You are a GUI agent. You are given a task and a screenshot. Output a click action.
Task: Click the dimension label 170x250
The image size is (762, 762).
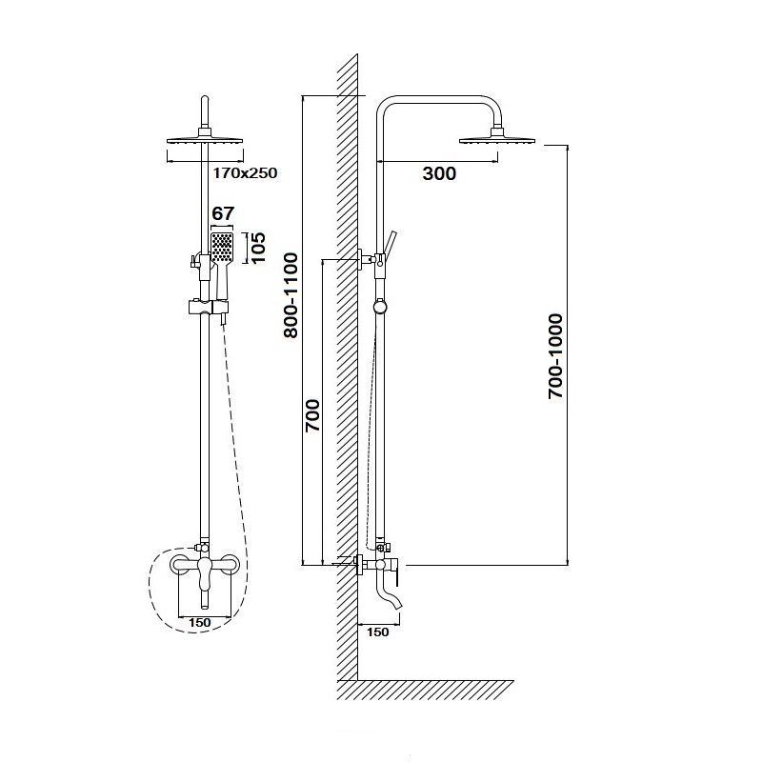(x=245, y=173)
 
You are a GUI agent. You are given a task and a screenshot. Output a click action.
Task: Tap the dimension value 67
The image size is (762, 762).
(x=223, y=213)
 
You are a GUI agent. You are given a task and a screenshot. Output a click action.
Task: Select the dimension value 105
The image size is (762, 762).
(x=258, y=248)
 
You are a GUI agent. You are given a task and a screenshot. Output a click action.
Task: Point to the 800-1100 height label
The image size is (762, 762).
(x=291, y=295)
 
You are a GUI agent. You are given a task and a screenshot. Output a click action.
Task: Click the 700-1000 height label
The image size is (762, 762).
(x=555, y=356)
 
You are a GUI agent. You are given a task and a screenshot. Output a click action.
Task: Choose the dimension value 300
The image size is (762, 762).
(x=439, y=173)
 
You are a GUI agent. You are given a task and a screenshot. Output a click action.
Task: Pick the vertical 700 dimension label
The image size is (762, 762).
(x=312, y=415)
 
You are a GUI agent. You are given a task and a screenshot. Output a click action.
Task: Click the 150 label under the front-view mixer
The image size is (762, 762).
(x=200, y=623)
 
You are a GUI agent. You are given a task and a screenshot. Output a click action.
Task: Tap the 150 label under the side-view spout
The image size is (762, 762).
(x=377, y=632)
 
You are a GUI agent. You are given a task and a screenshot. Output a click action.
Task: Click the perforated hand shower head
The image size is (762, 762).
(x=223, y=248)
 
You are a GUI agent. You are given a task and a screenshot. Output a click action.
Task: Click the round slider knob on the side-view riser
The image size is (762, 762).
(x=380, y=307)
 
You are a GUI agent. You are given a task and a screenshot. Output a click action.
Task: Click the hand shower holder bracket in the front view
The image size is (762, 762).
(x=208, y=307)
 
